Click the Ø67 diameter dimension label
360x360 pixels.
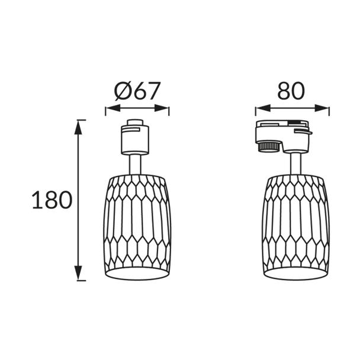point(137,91)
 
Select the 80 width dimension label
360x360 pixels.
point(291,91)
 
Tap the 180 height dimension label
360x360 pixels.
point(52,200)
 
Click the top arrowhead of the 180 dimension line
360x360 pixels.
point(78,127)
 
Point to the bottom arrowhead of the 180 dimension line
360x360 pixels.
point(78,273)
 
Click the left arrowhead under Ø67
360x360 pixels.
point(113,108)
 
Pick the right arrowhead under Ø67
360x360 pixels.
point(162,108)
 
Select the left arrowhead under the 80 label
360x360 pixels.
point(263,108)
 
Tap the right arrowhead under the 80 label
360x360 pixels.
point(322,108)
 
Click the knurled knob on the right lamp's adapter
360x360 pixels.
point(269,146)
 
